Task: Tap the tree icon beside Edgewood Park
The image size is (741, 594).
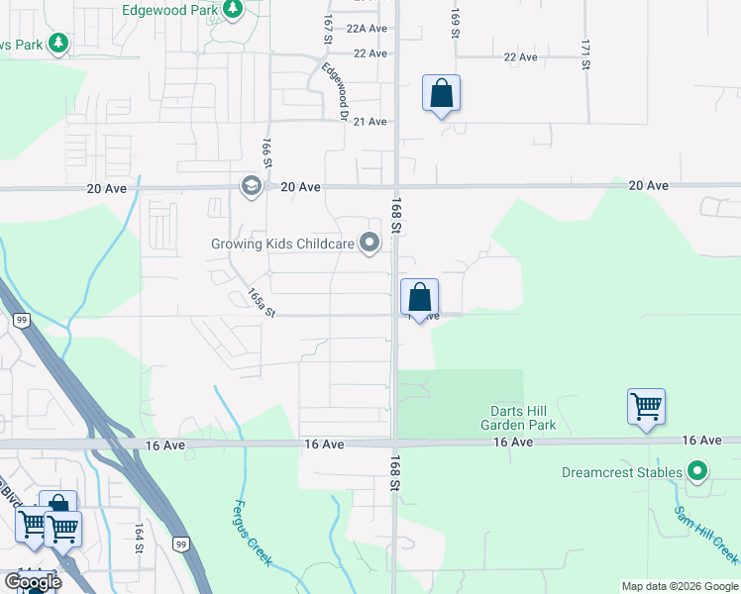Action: point(233,10)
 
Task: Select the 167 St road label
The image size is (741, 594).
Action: point(326,28)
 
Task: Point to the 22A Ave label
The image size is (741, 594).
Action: point(367,30)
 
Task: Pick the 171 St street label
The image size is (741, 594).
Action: point(585,54)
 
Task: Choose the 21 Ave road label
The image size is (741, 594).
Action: point(370,122)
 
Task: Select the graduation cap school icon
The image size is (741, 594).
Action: point(251,186)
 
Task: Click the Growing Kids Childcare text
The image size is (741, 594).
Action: point(282,244)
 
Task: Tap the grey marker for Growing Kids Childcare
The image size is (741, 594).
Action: point(370,243)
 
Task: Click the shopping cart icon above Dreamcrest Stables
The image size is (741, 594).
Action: point(646,406)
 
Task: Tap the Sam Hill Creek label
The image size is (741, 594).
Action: point(705,536)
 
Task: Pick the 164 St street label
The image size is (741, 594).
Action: point(138,539)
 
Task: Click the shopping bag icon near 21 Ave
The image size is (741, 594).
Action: point(441,94)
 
